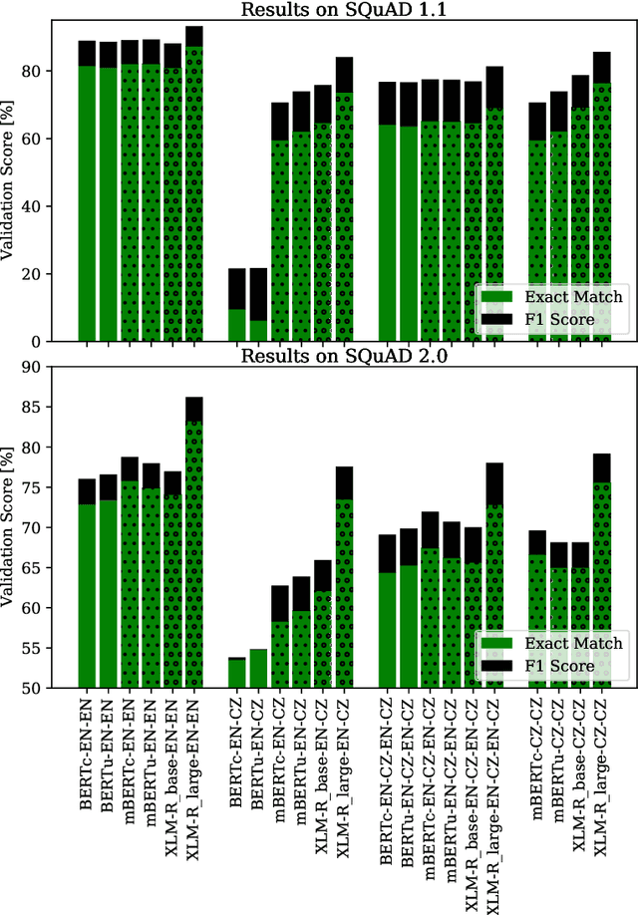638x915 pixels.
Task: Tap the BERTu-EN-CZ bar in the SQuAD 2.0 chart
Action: pos(257,669)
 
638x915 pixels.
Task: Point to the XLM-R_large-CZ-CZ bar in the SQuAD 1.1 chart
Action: pos(601,199)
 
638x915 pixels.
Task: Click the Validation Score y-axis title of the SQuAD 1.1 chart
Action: pos(13,174)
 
